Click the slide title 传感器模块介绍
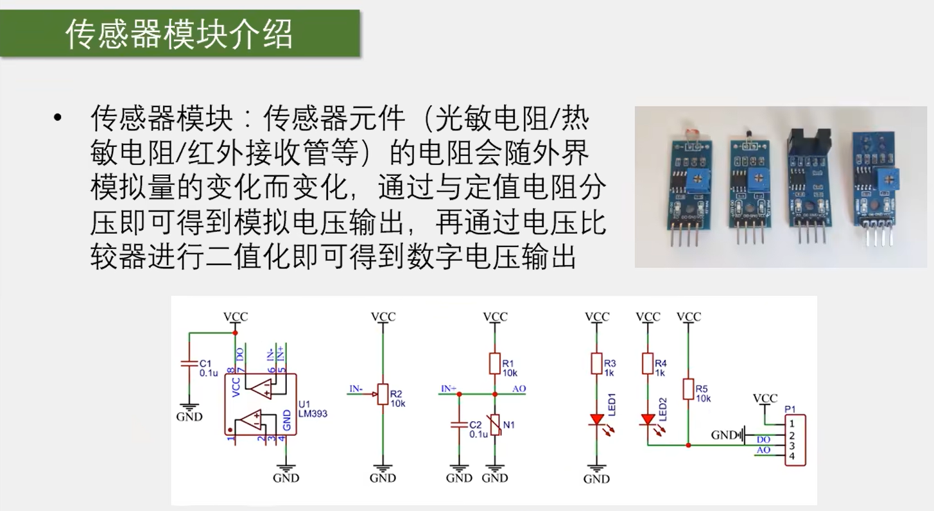(x=179, y=34)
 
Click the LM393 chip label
(x=313, y=413)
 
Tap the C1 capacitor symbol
(x=189, y=363)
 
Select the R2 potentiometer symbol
(x=383, y=394)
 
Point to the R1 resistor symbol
(x=495, y=363)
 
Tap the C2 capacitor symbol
(x=459, y=424)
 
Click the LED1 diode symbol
(x=596, y=420)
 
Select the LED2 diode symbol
(x=648, y=420)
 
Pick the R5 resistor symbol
(x=689, y=389)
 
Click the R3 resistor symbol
(x=596, y=363)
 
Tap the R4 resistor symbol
(x=648, y=363)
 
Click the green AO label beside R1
(x=519, y=388)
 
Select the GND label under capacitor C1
(x=189, y=417)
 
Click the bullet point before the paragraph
(x=59, y=117)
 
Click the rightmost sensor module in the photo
(x=874, y=186)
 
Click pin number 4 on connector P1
(x=793, y=456)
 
